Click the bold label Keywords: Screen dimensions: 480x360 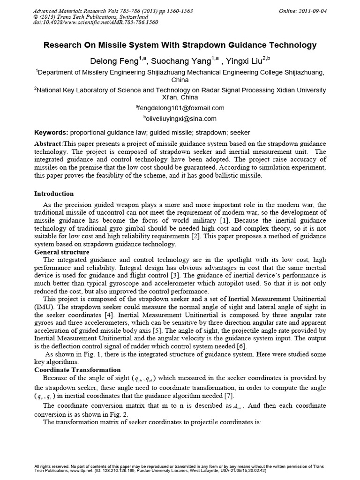[51, 133]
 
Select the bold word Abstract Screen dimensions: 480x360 [48, 143]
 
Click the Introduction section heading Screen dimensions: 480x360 [54, 194]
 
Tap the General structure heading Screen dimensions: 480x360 [62, 252]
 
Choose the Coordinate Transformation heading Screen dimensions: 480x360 [77, 370]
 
